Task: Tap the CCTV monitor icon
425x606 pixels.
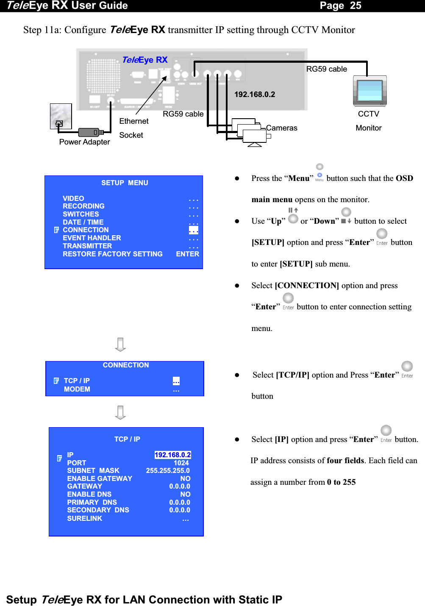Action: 370,91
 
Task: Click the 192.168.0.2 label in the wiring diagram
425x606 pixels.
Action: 255,95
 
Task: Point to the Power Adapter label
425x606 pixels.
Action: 84,142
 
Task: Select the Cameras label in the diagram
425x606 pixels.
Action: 282,128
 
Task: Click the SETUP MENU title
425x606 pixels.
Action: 125,183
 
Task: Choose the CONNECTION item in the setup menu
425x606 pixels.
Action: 86,230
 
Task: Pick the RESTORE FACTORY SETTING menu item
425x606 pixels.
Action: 113,254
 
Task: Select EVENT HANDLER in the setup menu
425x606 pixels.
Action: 92,238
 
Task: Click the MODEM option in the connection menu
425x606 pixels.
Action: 77,389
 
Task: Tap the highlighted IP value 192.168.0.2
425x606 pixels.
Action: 173,455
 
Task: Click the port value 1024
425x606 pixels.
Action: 181,463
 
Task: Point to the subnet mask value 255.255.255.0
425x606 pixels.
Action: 168,471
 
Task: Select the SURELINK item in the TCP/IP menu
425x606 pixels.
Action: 85,519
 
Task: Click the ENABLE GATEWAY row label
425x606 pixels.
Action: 100,479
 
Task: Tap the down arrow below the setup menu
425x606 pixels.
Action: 120,345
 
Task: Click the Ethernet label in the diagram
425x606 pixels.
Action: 134,121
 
